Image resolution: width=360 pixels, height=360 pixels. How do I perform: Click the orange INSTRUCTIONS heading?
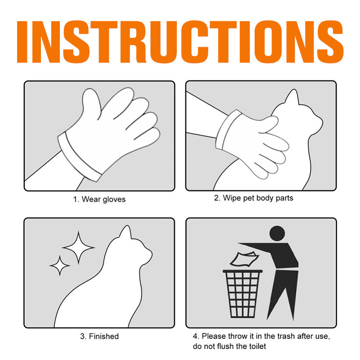(x=180, y=42)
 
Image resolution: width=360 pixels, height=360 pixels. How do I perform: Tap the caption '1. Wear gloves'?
(x=99, y=199)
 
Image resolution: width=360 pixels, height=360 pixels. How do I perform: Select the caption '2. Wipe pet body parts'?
(x=254, y=198)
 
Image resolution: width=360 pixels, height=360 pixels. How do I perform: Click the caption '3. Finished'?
(x=99, y=336)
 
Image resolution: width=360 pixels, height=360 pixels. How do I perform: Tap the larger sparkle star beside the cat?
(x=78, y=247)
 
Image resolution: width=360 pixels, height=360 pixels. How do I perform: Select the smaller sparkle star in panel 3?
(x=60, y=265)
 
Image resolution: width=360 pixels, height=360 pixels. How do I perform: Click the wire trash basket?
(x=243, y=294)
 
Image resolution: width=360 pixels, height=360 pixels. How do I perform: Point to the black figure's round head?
(x=277, y=233)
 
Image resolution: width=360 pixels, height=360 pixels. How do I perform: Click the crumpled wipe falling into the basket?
(x=244, y=260)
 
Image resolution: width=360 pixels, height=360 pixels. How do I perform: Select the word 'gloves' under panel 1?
(x=114, y=199)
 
